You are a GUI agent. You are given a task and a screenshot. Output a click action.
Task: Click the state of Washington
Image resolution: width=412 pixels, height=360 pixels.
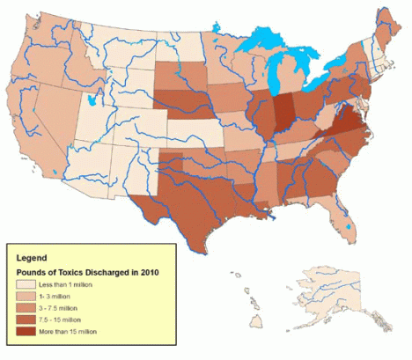[x=53, y=26]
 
